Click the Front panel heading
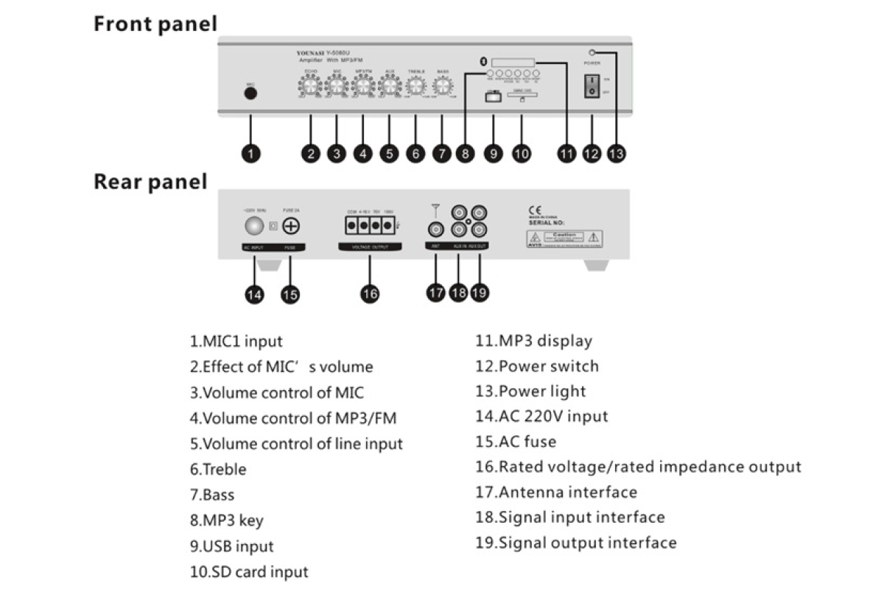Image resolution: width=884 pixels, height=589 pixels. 155,24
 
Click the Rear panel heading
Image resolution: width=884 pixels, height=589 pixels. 150,181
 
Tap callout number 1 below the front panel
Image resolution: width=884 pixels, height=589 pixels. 251,153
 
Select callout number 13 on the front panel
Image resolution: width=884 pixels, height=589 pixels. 616,153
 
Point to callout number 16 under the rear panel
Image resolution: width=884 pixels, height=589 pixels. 370,293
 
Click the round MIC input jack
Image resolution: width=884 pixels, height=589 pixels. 250,94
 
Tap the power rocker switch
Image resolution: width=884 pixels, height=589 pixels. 592,87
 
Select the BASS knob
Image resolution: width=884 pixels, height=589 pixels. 442,87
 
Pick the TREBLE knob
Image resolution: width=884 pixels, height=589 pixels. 416,87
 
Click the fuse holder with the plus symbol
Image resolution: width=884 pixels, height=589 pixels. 291,226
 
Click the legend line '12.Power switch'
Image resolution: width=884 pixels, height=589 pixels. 537,366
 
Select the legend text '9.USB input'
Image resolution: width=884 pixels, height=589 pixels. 231,546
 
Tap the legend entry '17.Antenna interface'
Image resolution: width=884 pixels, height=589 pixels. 556,492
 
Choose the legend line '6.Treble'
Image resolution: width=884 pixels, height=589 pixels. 218,469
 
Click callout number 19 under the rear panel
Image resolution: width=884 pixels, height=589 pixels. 479,292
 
